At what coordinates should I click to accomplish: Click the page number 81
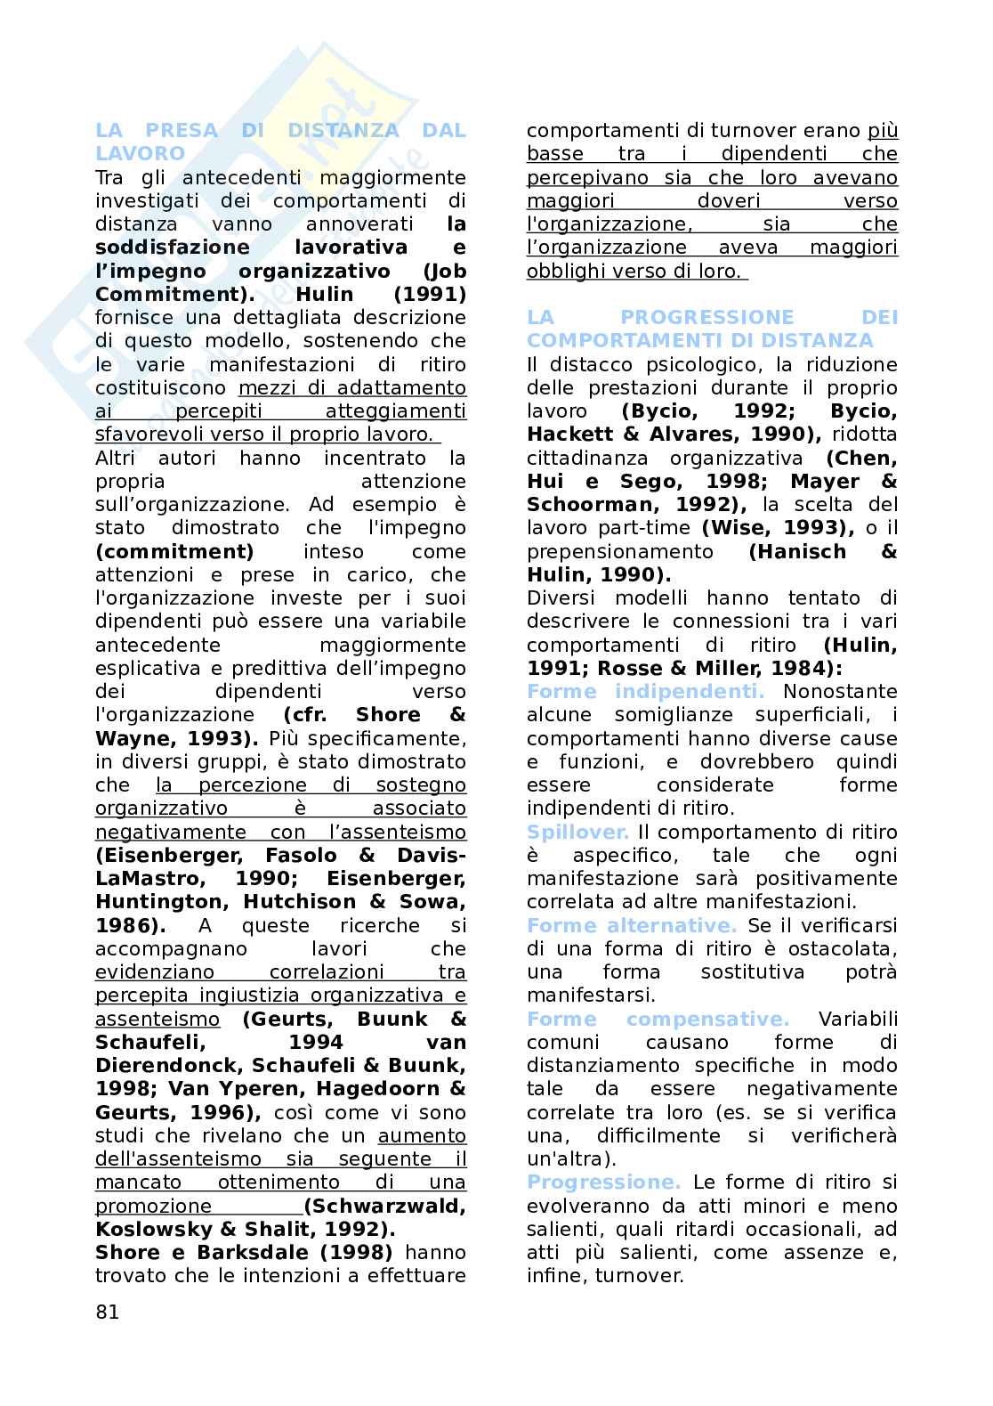[x=107, y=1312]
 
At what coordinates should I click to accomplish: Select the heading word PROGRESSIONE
[x=706, y=318]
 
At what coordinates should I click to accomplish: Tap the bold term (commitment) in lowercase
[x=174, y=551]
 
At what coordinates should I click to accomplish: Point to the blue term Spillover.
[x=577, y=832]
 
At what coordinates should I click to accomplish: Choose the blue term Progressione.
[x=603, y=1183]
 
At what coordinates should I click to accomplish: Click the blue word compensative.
[x=707, y=1019]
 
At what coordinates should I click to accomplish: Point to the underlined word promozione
[x=153, y=1206]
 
